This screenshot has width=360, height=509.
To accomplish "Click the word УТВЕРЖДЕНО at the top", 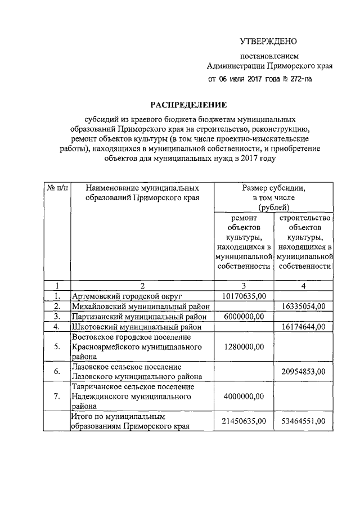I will point(268,41).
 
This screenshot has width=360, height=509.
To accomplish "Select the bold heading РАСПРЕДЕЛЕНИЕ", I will point(188,105).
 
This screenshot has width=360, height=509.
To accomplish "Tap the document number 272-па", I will point(298,79).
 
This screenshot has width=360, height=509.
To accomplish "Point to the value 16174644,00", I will point(304,326).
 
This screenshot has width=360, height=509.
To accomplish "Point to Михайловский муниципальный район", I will point(140,306).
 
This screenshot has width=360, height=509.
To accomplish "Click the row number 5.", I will point(57,346).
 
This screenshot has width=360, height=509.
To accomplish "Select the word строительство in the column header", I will point(304,218).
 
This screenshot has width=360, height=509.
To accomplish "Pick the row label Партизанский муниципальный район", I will point(140,316).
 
